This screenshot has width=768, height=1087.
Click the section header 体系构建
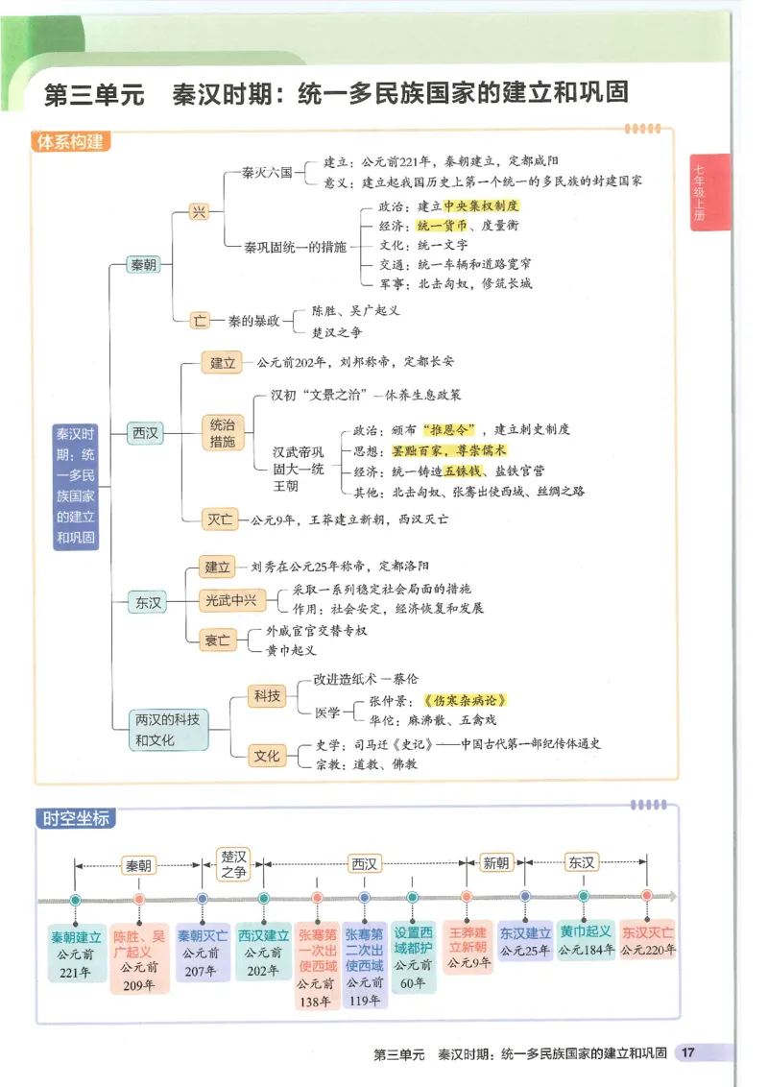pos(69,142)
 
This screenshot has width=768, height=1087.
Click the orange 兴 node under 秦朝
pos(199,212)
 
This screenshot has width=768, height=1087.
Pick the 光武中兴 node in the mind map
pos(229,601)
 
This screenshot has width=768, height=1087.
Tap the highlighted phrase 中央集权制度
pos(481,205)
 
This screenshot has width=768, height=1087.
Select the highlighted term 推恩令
pos(451,429)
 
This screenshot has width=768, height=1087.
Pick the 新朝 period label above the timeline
pos(496,862)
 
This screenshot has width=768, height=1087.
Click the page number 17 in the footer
pos(687,1052)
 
